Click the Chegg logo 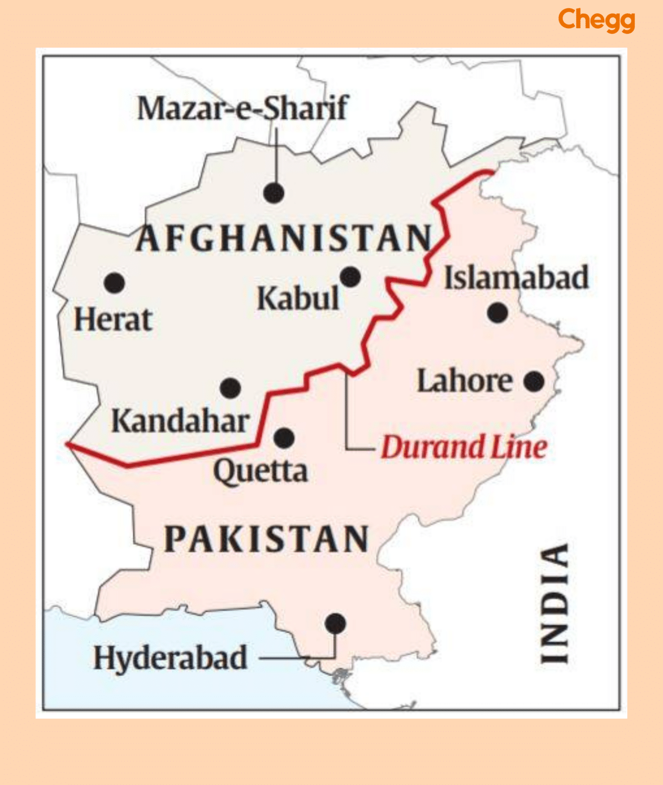596,20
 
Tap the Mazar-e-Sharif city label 242,108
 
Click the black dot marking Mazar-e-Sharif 274,193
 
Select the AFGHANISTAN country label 284,239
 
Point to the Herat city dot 115,283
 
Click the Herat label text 113,320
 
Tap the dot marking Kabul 350,277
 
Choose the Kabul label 298,299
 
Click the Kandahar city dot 231,388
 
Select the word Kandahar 180,422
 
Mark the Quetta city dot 284,438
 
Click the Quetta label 260,471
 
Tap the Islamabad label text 516,278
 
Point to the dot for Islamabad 497,312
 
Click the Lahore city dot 534,381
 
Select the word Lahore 465,381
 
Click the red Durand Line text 464,447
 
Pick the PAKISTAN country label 266,539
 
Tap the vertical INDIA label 555,604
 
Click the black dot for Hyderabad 335,624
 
